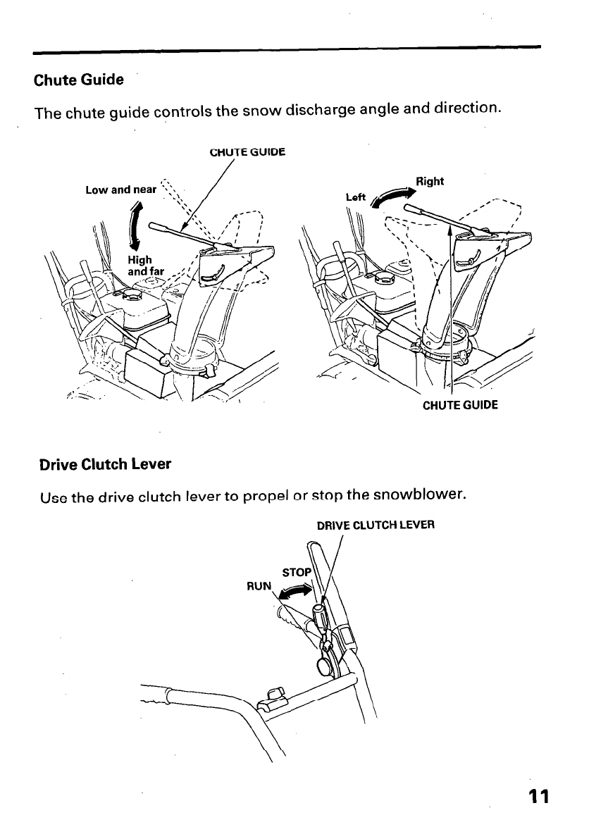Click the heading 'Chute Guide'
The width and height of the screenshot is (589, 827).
click(x=78, y=80)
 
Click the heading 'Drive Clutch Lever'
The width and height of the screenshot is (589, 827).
click(x=105, y=464)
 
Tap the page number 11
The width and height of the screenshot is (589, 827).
click(x=539, y=796)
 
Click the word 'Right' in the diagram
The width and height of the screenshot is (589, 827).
click(x=430, y=181)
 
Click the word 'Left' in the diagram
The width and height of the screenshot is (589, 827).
click(x=356, y=197)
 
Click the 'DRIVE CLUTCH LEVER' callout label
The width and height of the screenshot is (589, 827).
click(x=376, y=525)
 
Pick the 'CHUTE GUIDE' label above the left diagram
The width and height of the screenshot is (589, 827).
click(x=248, y=150)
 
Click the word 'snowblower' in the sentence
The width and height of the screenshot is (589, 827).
click(x=418, y=495)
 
